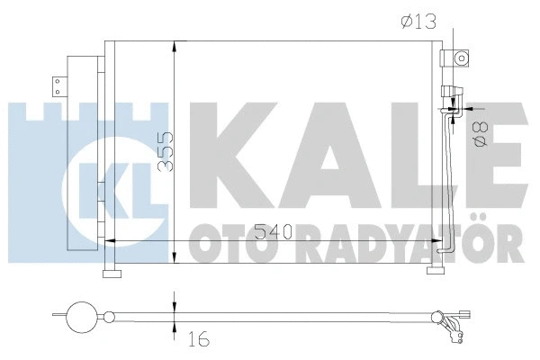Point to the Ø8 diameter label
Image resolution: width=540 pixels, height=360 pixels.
tap(481, 135)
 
